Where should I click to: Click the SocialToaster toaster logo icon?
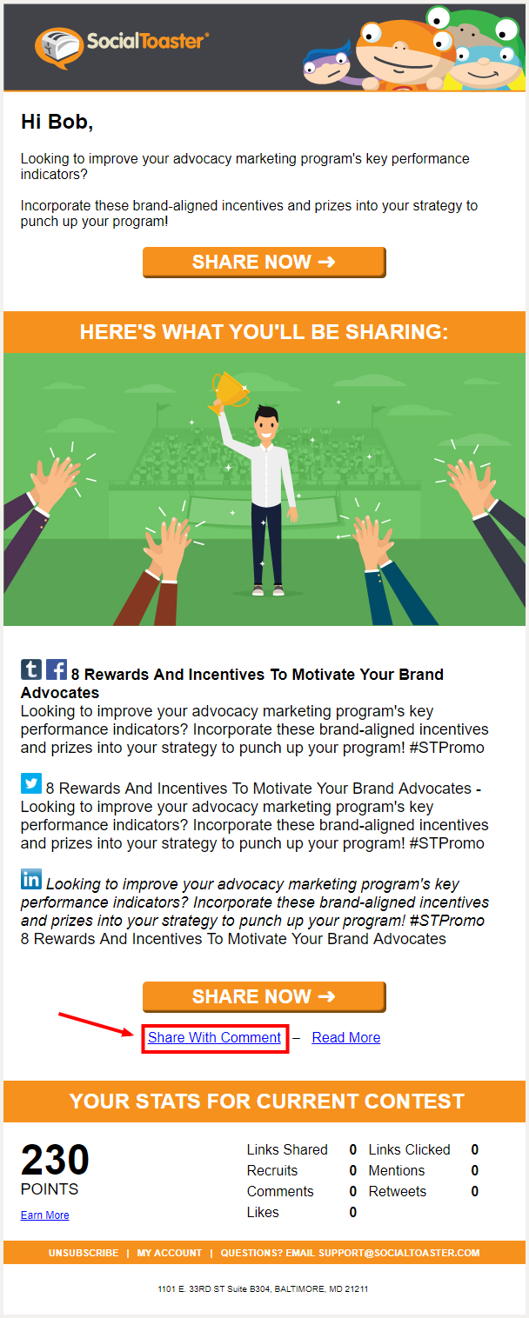(58, 46)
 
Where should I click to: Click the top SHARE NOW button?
(264, 262)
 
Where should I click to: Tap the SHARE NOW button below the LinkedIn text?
(264, 996)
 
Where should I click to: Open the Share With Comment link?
(214, 1037)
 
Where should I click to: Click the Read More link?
(345, 1037)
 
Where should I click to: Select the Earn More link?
(44, 1215)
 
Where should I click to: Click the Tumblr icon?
(31, 669)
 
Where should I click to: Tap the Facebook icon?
(57, 669)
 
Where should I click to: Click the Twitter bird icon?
(31, 783)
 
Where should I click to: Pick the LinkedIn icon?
(31, 879)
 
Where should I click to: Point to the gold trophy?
(229, 390)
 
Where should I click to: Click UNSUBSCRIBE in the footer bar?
(84, 1253)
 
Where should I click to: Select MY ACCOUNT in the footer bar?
(169, 1253)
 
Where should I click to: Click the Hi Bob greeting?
(57, 122)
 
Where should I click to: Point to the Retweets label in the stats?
(398, 1191)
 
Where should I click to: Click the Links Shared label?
(287, 1149)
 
